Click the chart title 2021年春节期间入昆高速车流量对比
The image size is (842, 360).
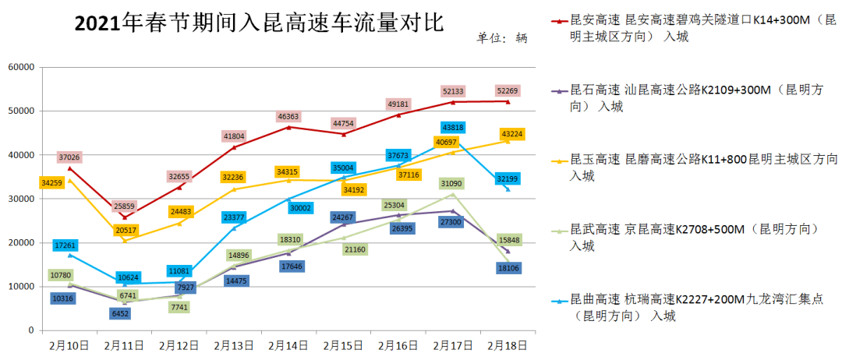coord(259,24)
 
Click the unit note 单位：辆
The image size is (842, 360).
coord(502,37)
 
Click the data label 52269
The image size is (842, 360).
coord(508,91)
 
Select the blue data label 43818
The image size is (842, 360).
coord(454,128)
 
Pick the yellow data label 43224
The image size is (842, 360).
coord(512,134)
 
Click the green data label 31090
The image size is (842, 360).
coord(453,184)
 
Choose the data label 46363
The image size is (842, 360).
coord(288,117)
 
